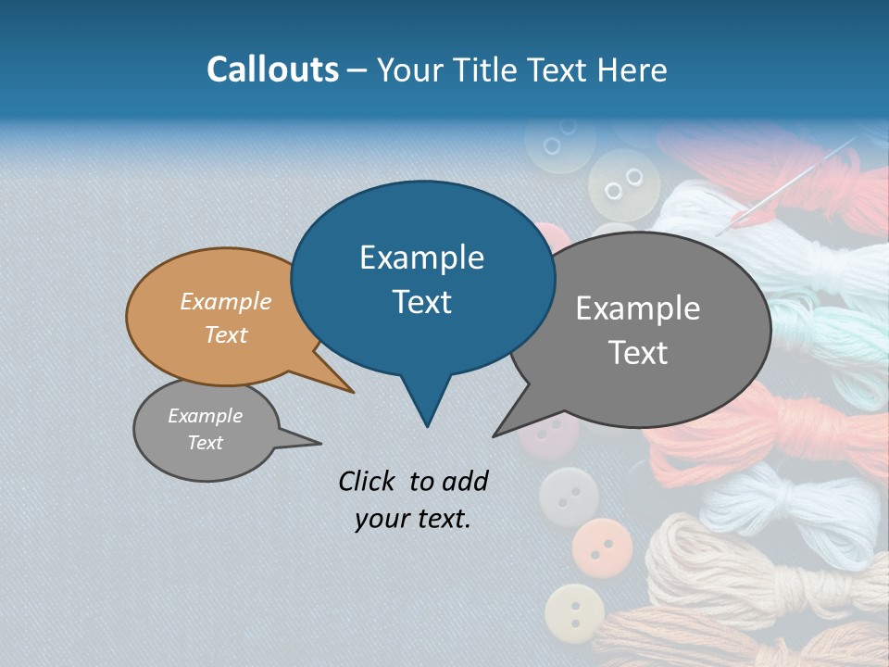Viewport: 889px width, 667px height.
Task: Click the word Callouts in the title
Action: pos(272,69)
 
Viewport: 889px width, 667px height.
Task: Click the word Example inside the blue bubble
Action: pos(421,258)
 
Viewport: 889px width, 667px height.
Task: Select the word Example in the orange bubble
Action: pos(225,301)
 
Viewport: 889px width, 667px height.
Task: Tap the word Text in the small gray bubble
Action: pos(205,443)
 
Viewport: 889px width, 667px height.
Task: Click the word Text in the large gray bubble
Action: pos(639,353)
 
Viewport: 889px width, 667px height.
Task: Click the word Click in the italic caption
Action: pos(369,481)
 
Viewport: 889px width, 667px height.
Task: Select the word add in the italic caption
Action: pos(465,481)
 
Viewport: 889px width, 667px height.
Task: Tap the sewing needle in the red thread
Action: pos(787,181)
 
